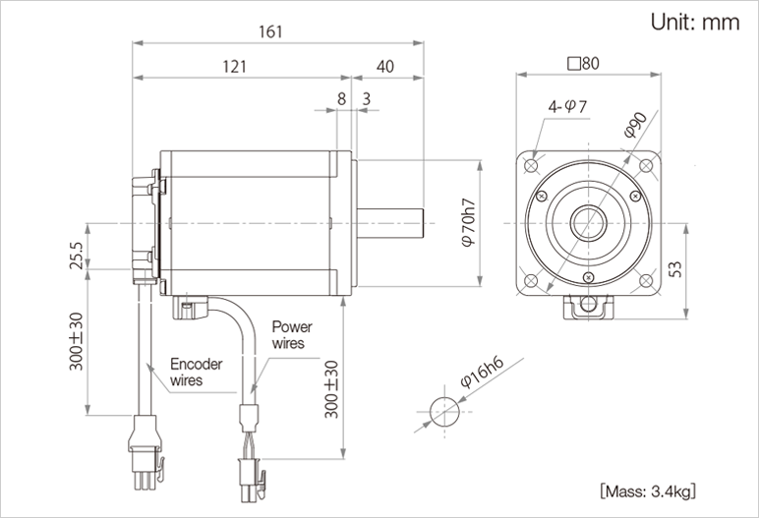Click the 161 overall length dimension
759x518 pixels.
click(271, 31)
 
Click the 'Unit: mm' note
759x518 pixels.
click(694, 24)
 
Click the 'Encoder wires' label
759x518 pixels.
click(196, 371)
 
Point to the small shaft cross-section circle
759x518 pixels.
click(444, 409)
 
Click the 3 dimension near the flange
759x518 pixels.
click(366, 99)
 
